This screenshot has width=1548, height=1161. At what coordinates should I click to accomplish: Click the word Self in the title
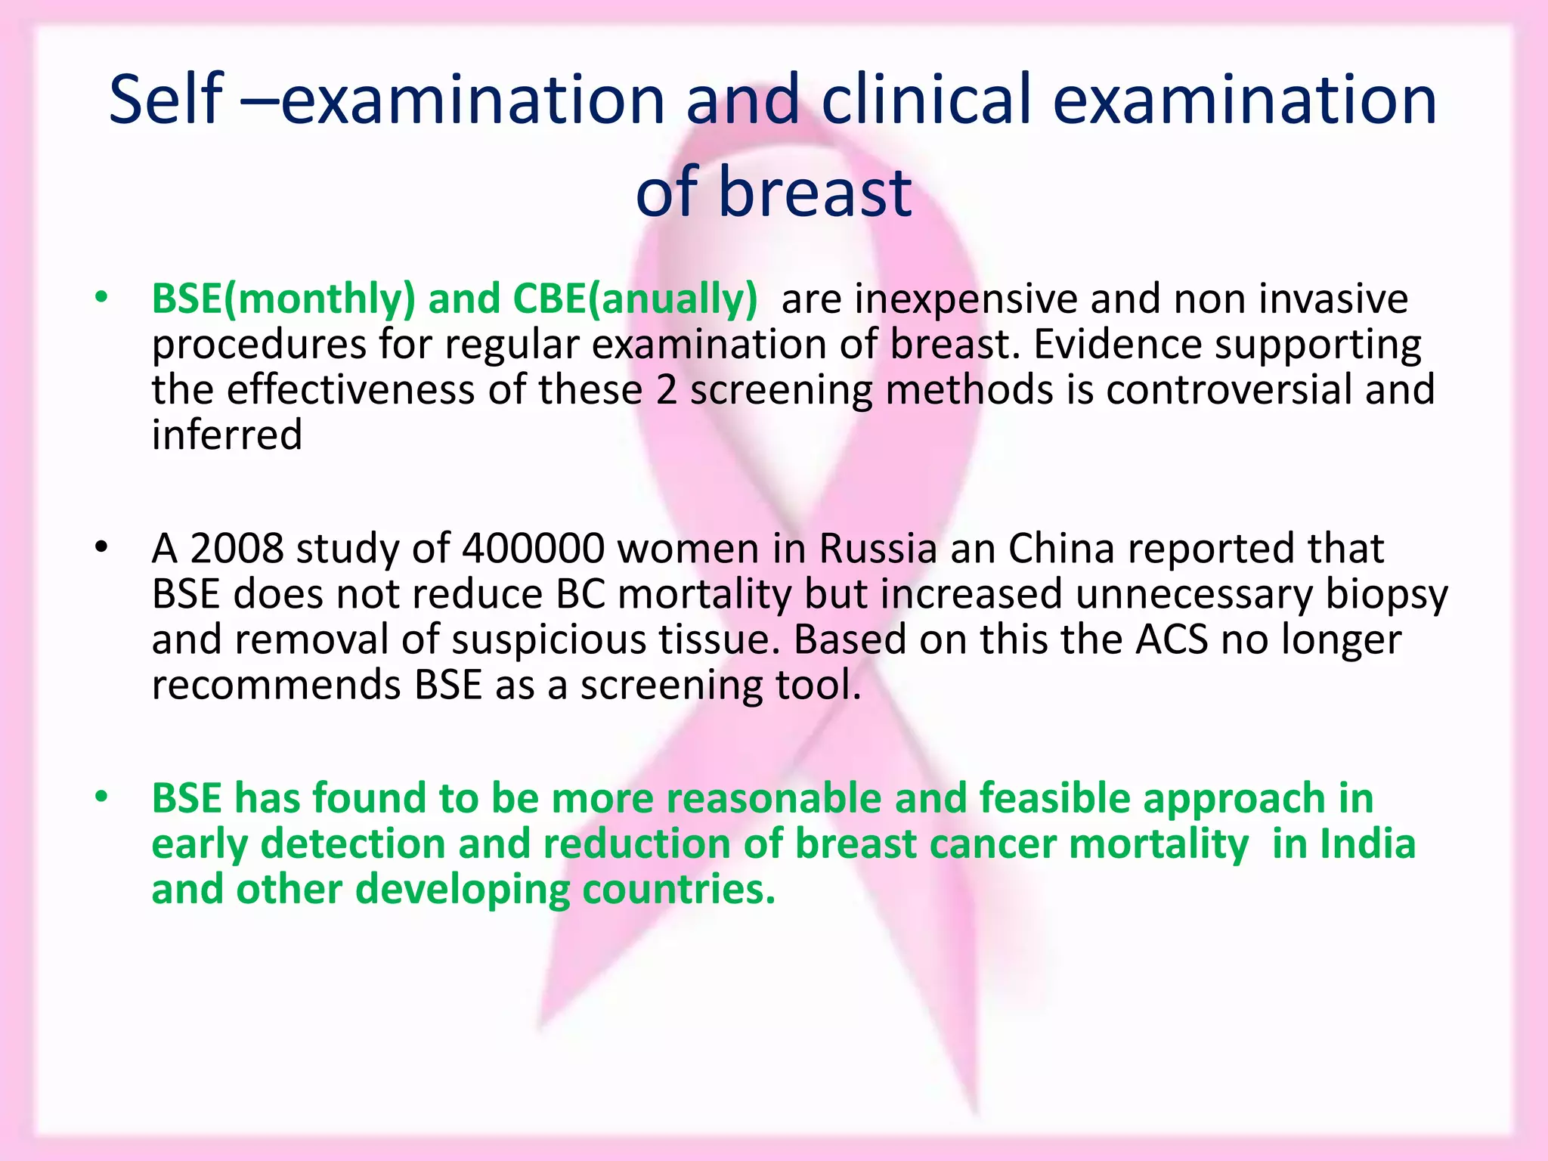(x=166, y=100)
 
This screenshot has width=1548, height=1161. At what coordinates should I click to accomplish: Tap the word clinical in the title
(x=927, y=100)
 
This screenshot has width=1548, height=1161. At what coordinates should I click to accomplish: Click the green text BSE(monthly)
(x=283, y=299)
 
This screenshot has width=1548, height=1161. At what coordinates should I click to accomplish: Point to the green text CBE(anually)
(x=634, y=299)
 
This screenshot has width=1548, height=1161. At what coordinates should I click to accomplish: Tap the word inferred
(x=227, y=435)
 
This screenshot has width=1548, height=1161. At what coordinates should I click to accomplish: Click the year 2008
(x=237, y=549)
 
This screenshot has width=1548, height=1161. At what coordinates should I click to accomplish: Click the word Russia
(x=878, y=549)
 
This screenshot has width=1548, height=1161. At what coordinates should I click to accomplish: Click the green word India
(x=1367, y=844)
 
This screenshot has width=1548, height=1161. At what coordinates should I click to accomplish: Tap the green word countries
(x=678, y=890)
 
